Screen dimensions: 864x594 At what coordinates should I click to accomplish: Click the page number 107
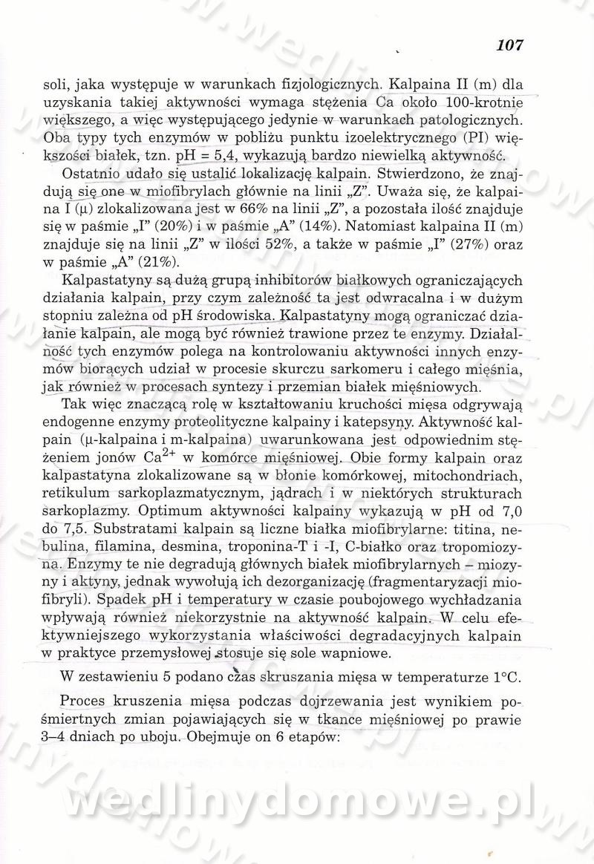pos(510,45)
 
